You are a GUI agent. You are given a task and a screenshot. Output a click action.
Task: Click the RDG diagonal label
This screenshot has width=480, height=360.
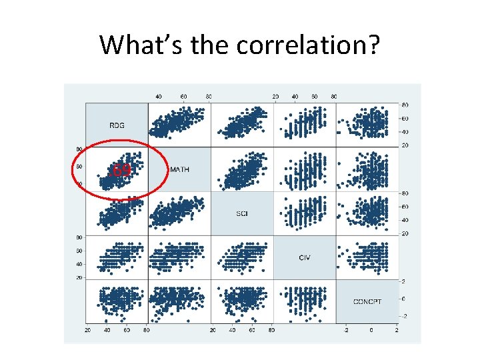117,125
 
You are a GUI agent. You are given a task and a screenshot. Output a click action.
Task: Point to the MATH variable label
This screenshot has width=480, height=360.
179,169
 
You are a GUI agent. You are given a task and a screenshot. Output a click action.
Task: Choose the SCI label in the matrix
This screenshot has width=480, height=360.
242,213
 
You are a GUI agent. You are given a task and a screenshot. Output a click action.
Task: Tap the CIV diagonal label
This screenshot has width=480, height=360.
305,257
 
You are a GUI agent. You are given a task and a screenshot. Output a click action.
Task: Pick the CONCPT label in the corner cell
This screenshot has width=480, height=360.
367,301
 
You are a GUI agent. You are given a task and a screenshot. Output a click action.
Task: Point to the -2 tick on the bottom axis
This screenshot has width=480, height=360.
345,330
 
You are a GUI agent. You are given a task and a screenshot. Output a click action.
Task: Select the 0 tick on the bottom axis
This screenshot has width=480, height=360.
371,330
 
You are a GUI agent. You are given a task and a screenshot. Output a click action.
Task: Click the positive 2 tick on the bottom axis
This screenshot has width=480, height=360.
397,330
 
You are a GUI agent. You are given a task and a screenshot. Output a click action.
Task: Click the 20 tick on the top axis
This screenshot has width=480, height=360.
275,97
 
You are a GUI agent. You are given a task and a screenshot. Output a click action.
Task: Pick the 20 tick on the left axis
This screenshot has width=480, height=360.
79,277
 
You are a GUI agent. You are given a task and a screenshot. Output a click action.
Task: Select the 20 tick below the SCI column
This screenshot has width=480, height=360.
213,330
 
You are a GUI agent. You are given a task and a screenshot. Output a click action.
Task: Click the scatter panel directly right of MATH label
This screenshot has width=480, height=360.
242,169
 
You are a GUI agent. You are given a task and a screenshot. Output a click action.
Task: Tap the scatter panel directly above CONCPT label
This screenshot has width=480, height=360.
367,257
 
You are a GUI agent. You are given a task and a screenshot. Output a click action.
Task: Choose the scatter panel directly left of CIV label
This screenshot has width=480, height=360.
242,257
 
